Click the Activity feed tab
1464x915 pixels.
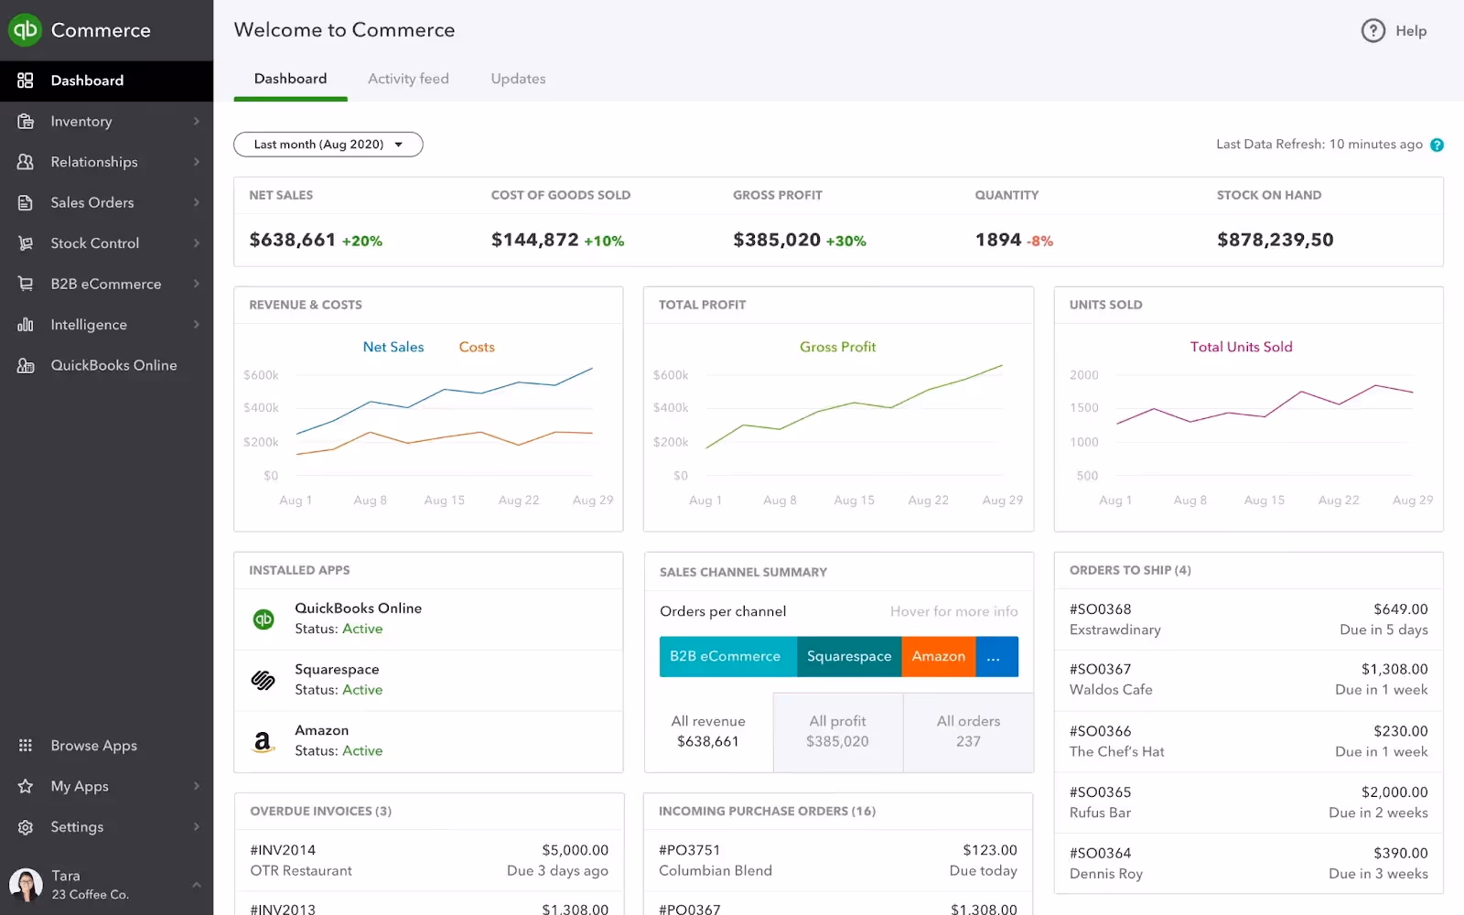tap(408, 79)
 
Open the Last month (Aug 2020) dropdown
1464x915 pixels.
tap(328, 145)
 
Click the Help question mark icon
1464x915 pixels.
tap(1372, 31)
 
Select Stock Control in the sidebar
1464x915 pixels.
tap(95, 243)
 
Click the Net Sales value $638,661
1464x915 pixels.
tap(293, 240)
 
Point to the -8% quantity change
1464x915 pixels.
tap(1040, 242)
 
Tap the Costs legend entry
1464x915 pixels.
tap(477, 347)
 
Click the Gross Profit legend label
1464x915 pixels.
tap(837, 347)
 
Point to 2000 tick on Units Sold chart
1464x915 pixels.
tap(1083, 375)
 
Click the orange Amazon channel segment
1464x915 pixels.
tap(938, 656)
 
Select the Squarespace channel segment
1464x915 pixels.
tap(848, 656)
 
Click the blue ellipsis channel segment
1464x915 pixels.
tap(996, 656)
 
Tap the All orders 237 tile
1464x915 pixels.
tap(968, 731)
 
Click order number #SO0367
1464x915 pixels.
tap(1100, 670)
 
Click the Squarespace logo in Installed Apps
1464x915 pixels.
tap(264, 680)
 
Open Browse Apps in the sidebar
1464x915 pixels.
tap(93, 746)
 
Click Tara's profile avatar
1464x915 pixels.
tap(26, 885)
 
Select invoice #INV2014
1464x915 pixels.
tap(283, 850)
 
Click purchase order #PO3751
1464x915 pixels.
tap(689, 850)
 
